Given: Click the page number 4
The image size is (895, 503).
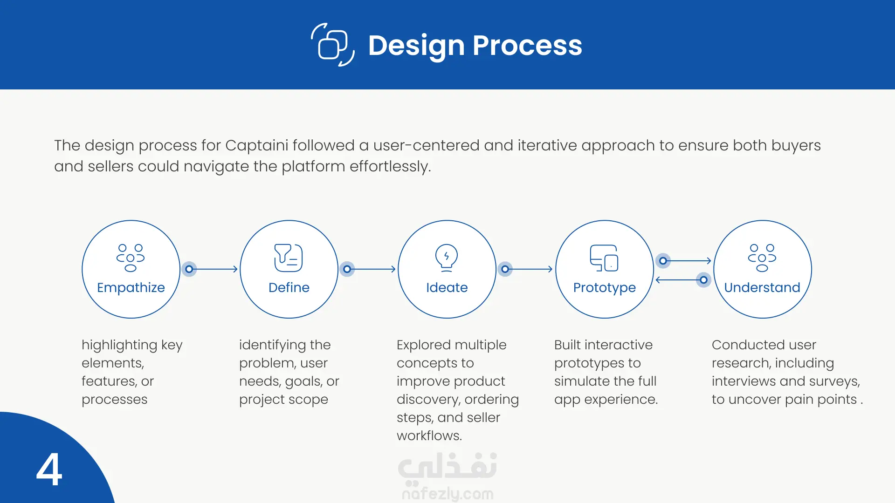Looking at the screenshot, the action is click(49, 469).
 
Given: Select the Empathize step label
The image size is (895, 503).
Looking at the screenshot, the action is click(131, 287).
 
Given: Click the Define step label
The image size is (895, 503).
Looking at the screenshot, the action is click(289, 287).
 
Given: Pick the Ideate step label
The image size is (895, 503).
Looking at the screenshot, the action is click(447, 287).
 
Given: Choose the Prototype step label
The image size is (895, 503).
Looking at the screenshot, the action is click(605, 287).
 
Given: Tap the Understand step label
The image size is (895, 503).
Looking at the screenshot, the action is click(762, 287).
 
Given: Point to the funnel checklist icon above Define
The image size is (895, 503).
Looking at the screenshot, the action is click(289, 258).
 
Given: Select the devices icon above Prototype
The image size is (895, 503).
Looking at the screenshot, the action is click(604, 258).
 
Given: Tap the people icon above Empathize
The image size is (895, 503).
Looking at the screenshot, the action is click(131, 258).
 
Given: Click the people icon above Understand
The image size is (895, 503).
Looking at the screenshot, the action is click(762, 258).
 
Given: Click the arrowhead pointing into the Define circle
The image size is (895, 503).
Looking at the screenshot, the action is click(235, 269).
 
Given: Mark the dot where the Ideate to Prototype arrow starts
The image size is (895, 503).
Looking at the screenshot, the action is click(505, 269).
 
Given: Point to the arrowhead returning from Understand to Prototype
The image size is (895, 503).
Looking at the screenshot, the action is click(658, 280).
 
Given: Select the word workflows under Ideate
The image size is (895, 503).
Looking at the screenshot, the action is click(429, 436).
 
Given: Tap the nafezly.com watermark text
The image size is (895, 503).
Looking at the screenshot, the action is click(447, 494).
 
